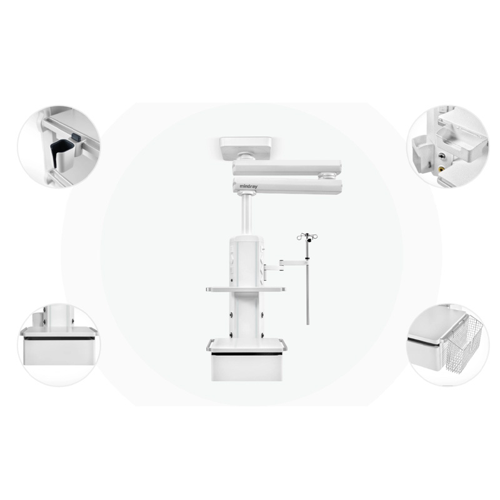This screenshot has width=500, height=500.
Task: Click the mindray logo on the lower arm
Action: (248, 186)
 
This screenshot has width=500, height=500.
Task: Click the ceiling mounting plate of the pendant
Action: (246, 148)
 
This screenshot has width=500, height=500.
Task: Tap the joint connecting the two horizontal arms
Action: (326, 176)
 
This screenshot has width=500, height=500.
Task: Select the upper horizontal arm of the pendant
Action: (287, 167)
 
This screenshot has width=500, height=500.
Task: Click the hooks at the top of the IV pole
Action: (307, 237)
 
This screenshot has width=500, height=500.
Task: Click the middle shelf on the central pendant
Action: (246, 289)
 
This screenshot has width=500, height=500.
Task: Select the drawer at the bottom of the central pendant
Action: (246, 367)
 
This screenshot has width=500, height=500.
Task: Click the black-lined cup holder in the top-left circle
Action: (62, 154)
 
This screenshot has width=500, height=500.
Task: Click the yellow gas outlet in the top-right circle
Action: (441, 169)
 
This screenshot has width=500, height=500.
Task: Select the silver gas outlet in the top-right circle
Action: (442, 156)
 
